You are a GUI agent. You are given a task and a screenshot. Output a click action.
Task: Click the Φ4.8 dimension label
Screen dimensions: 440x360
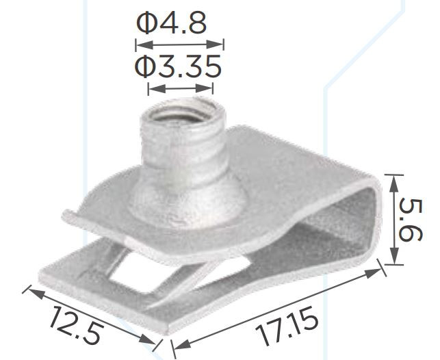(172, 23)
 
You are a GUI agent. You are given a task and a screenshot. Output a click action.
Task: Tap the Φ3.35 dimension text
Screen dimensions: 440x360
(178, 66)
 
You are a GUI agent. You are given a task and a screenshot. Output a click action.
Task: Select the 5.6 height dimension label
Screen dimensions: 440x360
(411, 219)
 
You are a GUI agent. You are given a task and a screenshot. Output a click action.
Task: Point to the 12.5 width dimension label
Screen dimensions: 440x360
(75, 325)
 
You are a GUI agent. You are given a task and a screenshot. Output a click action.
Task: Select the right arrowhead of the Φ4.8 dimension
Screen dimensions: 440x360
(216, 44)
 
